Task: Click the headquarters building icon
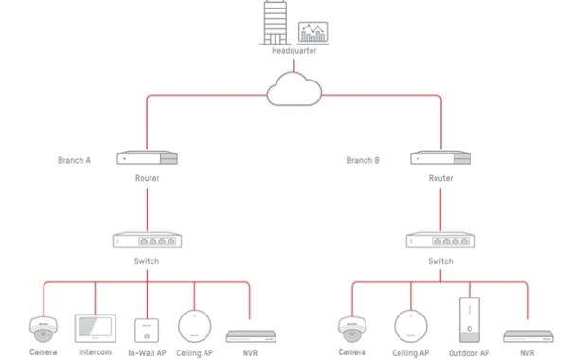pyautogui.click(x=276, y=23)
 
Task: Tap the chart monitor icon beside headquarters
pyautogui.click(x=313, y=33)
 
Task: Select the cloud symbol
pyautogui.click(x=293, y=89)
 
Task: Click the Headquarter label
pyautogui.click(x=293, y=51)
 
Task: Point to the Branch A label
pyautogui.click(x=74, y=160)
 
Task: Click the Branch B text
pyautogui.click(x=363, y=160)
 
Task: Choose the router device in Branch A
pyautogui.click(x=147, y=157)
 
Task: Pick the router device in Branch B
pyautogui.click(x=440, y=157)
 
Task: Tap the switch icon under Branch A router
pyautogui.click(x=147, y=240)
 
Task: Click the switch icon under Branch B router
pyautogui.click(x=440, y=240)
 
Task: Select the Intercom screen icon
pyautogui.click(x=95, y=328)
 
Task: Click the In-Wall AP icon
pyautogui.click(x=147, y=331)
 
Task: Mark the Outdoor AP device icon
pyautogui.click(x=470, y=319)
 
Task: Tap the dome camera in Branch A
pyautogui.click(x=44, y=330)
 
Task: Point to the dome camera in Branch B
pyautogui.click(x=352, y=330)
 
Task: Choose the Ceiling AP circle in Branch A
pyautogui.click(x=195, y=326)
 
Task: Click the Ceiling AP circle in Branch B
pyautogui.click(x=411, y=326)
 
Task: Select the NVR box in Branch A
pyautogui.click(x=251, y=336)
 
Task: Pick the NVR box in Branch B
pyautogui.click(x=528, y=336)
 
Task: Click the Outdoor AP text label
pyautogui.click(x=469, y=353)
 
